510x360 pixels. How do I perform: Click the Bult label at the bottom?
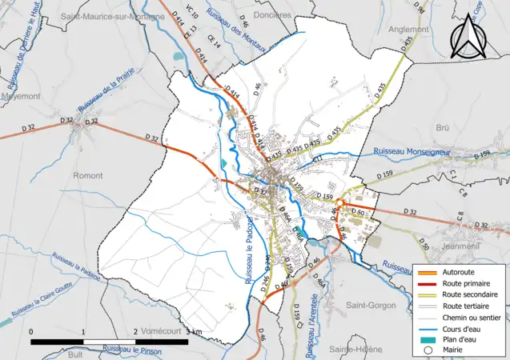pos(76,353)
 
